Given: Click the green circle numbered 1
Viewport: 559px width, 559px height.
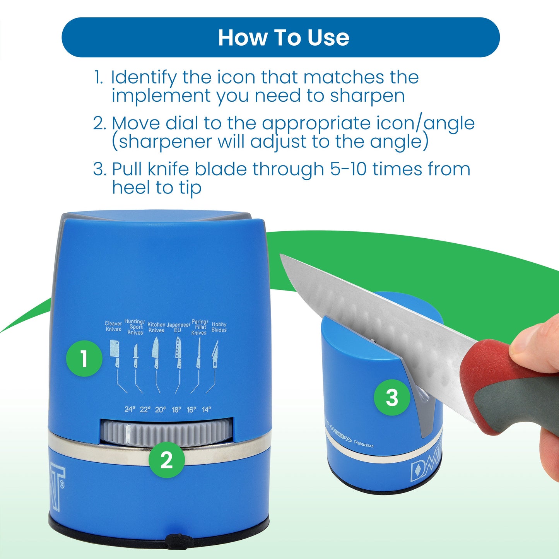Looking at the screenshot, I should point(84,358).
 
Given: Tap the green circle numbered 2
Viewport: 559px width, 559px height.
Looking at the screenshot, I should point(167,460).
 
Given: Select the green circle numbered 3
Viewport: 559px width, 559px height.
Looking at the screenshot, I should point(391,397).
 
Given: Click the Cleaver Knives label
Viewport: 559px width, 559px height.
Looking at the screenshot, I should point(113,326).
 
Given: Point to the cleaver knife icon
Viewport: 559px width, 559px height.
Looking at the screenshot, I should point(114,352).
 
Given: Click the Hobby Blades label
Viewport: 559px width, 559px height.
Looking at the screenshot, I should point(219,327).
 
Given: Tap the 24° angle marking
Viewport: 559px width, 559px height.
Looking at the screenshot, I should point(130,409).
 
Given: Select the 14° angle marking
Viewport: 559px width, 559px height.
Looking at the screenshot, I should point(207,409).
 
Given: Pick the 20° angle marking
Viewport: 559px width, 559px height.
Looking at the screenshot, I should point(160,409).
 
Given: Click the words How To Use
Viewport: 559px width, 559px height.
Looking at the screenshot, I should point(284,38).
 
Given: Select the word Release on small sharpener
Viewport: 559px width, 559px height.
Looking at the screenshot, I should point(364,444).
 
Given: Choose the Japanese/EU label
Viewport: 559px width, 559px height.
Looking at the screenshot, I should point(178,327).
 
